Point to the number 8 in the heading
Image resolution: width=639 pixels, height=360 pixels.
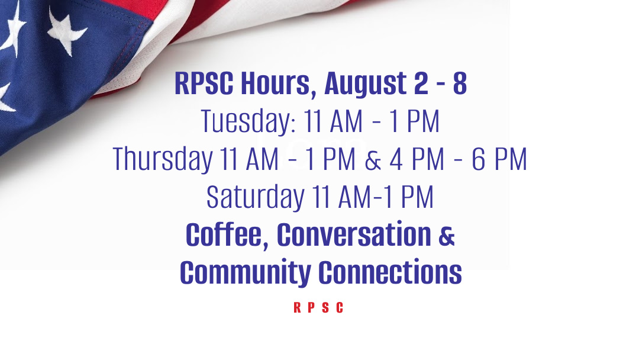(460, 83)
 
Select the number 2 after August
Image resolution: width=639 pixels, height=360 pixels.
(421, 83)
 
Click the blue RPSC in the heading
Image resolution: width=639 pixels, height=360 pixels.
(204, 83)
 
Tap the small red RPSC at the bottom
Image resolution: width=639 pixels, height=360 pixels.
(319, 307)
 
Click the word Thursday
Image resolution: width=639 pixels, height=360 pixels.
(163, 159)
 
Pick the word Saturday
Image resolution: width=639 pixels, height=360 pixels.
(256, 197)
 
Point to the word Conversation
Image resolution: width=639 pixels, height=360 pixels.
(354, 234)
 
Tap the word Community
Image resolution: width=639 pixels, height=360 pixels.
(246, 273)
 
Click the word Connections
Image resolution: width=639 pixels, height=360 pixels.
(390, 272)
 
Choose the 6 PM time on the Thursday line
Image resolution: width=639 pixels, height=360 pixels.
(499, 159)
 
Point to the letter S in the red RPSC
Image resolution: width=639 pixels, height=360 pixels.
(325, 307)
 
